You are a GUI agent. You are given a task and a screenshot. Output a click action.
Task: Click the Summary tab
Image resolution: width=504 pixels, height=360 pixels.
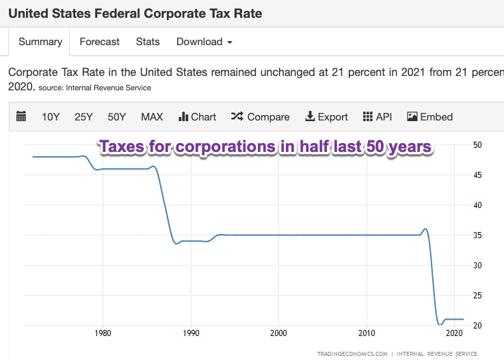40,42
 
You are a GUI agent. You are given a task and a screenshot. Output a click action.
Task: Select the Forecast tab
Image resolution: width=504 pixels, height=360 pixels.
99,42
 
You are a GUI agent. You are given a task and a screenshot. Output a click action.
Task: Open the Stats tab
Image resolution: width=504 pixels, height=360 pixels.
148,42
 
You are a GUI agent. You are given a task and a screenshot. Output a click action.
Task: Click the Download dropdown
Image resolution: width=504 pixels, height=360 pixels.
204,42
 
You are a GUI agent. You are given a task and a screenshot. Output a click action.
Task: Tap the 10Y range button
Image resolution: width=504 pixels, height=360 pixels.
51,117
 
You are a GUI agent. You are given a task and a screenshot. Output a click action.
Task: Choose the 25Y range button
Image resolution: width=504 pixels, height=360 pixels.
83,117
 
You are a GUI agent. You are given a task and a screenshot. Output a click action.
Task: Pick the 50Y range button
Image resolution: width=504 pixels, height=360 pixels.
117,117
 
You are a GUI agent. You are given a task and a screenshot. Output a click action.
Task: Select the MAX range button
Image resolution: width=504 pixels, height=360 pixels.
152,117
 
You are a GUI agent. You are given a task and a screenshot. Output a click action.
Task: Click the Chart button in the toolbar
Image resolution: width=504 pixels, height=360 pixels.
197,117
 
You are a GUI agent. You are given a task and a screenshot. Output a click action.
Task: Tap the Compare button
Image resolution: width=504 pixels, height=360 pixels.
261,117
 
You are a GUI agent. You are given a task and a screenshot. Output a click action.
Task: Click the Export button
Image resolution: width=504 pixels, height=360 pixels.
327,117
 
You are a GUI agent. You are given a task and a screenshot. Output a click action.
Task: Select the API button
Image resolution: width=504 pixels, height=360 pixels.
377,117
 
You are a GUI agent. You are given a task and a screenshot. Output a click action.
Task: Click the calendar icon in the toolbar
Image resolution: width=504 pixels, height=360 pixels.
21,117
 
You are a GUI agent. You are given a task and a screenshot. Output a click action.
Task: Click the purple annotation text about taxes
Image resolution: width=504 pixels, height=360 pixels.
266,147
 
